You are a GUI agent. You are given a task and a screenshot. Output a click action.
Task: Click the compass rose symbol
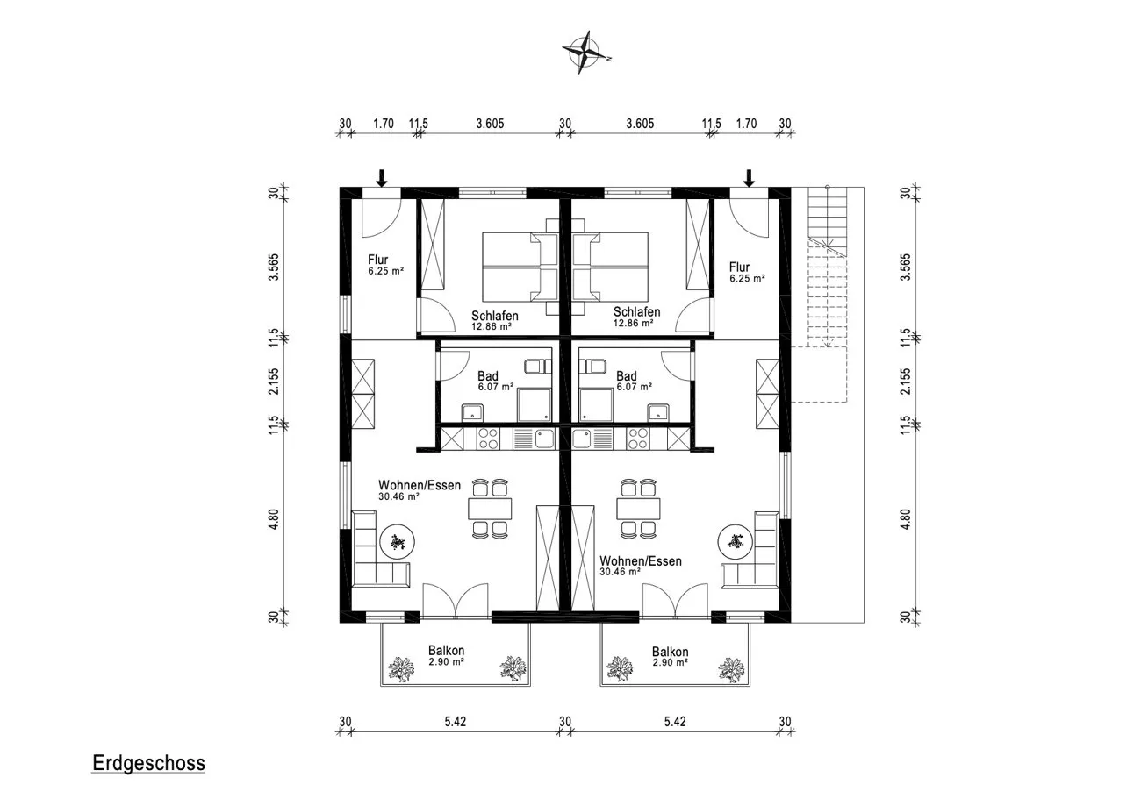(585, 53)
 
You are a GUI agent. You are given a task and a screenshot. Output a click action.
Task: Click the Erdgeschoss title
(148, 763)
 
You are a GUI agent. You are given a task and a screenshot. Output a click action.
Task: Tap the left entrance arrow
(382, 177)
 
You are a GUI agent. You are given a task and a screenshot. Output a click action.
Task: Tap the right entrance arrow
(749, 177)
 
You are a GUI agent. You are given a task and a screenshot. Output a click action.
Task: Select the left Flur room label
(378, 260)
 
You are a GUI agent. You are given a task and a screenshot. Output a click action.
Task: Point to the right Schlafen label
(636, 311)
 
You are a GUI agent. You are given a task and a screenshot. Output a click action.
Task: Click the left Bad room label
(487, 376)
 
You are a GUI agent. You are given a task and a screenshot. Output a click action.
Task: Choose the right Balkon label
(670, 652)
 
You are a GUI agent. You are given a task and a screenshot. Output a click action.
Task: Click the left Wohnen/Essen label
(420, 485)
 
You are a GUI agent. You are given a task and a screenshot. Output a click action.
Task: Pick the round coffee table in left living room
(397, 542)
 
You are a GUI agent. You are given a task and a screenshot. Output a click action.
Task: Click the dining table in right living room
(639, 509)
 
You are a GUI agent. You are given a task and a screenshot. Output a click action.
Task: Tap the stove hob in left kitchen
(489, 439)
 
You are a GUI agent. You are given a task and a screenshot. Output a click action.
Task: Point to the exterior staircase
(827, 267)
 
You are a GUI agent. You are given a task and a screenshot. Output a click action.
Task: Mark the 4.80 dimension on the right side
(905, 519)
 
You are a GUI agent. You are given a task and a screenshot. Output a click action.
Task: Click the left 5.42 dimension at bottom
(455, 722)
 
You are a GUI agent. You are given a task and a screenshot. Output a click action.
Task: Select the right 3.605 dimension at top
(640, 124)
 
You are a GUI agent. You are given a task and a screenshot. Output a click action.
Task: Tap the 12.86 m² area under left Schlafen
(491, 326)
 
